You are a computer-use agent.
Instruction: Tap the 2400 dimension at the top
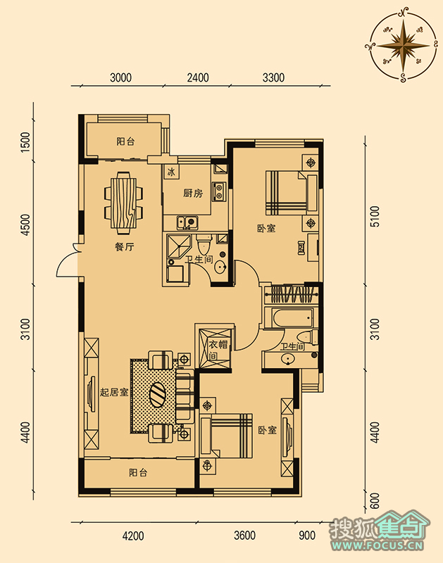(x=198, y=77)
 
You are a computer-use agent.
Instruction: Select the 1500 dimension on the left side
(x=25, y=142)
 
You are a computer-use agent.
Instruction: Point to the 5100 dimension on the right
(x=375, y=216)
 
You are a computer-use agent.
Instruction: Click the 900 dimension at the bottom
(x=307, y=536)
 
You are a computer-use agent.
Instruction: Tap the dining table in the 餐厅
(x=123, y=202)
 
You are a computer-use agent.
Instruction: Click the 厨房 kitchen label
(x=193, y=194)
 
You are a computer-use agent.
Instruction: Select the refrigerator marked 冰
(x=171, y=172)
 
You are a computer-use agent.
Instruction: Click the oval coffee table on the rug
(x=158, y=395)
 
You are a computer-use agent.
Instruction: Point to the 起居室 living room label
(x=114, y=392)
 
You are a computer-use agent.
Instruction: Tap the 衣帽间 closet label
(x=218, y=350)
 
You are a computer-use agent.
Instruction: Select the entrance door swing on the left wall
(x=68, y=260)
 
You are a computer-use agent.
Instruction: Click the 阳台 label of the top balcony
(x=125, y=141)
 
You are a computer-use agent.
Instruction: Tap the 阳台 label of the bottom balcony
(x=138, y=472)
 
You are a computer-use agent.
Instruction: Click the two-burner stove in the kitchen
(x=218, y=191)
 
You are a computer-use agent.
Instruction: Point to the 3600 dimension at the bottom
(x=244, y=536)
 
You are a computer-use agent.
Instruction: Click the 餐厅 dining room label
(x=125, y=247)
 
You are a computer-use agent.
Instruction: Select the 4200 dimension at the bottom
(x=133, y=536)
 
